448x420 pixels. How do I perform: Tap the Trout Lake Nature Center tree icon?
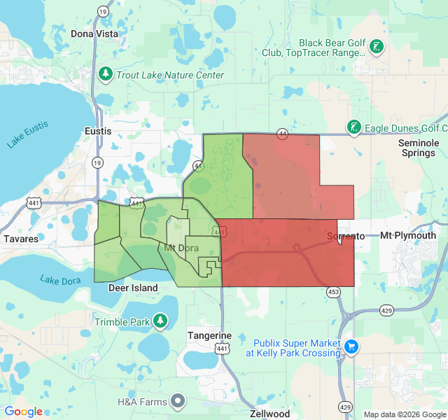[106, 73]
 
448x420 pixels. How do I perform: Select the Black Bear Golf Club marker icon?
[377, 47]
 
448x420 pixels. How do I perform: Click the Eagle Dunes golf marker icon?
[354, 127]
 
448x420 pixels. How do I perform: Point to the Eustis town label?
[97, 131]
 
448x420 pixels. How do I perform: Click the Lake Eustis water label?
[28, 134]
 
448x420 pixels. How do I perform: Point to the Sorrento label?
[346, 236]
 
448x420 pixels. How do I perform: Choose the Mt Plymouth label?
[408, 235]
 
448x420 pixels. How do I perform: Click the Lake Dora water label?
[60, 279]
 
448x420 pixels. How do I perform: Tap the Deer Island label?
[133, 288]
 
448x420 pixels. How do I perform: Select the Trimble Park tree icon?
[161, 321]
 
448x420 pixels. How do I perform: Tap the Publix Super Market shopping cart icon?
[351, 346]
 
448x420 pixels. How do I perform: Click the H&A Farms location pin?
[178, 400]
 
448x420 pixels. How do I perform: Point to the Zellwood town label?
[270, 414]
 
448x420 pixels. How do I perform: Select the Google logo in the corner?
[23, 412]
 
